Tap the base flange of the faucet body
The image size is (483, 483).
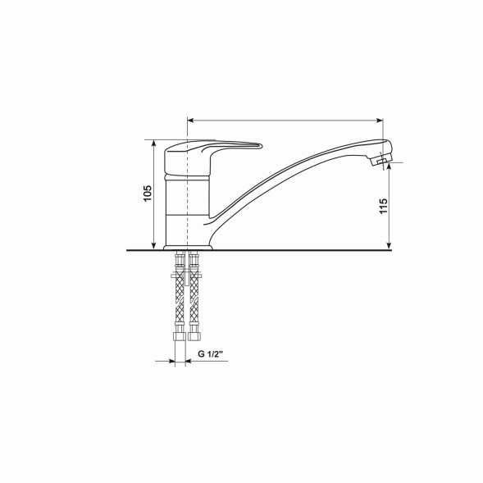[189, 245]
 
